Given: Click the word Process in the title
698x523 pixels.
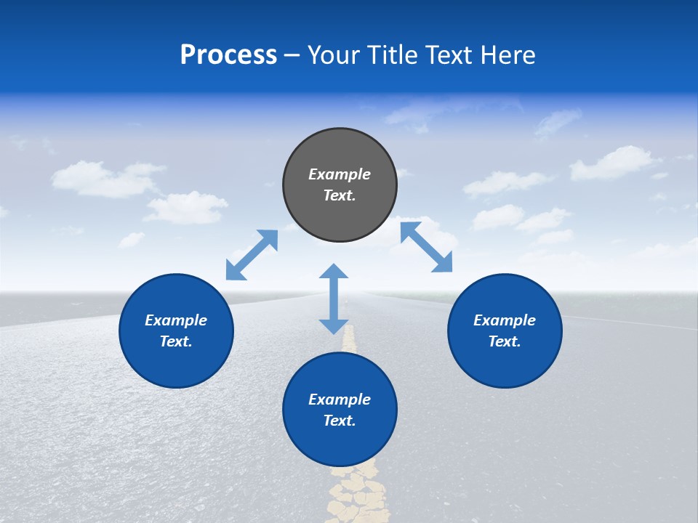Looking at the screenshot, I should coord(228,55).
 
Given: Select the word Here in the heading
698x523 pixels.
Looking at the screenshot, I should coord(509,55).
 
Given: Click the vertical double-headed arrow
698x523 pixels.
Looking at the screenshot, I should coord(334,299).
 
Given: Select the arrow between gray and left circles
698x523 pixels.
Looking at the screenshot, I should coord(252,255).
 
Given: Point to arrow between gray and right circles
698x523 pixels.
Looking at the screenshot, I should coord(426,247).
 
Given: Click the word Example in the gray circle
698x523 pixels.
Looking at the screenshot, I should coord(340,174).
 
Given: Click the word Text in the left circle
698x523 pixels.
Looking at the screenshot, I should coord(176,341).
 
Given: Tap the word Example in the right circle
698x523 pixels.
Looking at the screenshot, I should coord(505,320).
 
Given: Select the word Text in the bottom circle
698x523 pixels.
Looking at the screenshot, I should coord(340,421).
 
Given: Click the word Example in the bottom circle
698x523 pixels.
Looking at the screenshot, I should coord(340,400).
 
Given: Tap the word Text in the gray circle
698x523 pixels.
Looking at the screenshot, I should coord(340,195).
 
